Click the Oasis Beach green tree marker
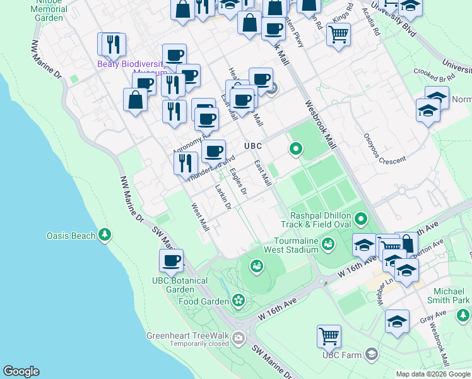105,236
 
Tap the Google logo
21,371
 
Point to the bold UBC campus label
253,146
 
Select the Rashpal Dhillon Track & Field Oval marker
361,219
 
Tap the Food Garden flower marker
239,299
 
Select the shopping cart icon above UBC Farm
329,335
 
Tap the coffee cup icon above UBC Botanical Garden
170,260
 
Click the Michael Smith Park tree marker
463,314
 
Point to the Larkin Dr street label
223,196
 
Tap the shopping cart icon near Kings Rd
338,35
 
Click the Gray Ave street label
431,321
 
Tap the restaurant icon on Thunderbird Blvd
186,162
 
